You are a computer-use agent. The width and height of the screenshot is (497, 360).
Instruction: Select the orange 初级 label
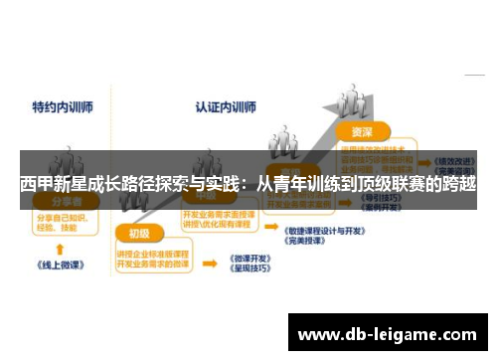[x=138, y=234]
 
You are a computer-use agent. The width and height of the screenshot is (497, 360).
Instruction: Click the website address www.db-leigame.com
[x=392, y=334]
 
